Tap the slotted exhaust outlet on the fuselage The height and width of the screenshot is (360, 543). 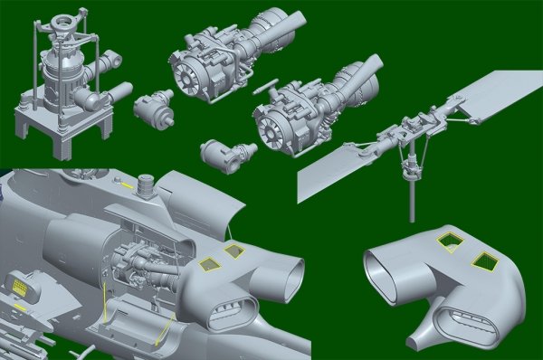pos(230,311)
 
